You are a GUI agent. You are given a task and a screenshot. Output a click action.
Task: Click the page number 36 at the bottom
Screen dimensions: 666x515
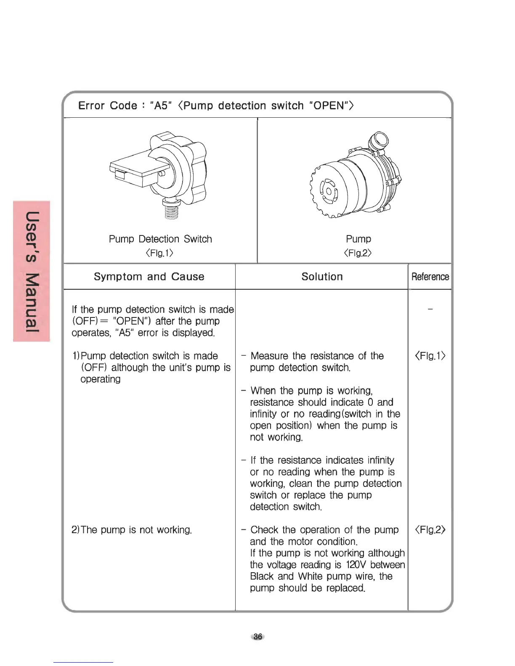tap(257, 637)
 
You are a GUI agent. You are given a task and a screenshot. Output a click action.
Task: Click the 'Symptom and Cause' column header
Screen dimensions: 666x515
tap(149, 277)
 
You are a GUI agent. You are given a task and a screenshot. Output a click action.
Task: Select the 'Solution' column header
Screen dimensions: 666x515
tap(322, 277)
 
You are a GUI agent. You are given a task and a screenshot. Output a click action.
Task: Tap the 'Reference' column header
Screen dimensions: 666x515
tap(430, 277)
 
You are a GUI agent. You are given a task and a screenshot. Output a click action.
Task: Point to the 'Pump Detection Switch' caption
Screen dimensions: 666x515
tap(160, 239)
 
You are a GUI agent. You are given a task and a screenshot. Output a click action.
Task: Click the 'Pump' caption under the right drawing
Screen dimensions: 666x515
tap(358, 239)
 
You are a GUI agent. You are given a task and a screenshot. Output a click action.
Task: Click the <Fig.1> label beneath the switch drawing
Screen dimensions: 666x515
tap(159, 253)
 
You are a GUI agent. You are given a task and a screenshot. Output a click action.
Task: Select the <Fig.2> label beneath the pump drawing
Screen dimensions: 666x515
tap(358, 253)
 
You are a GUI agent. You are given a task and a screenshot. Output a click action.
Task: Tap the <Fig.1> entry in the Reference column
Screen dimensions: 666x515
tap(430, 356)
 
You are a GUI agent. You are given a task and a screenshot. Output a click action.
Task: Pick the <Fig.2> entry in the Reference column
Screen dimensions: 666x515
tap(430, 530)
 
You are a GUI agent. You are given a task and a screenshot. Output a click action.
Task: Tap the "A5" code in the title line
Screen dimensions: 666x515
tap(161, 106)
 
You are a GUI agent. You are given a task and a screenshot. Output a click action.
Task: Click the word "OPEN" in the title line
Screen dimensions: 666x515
tap(329, 106)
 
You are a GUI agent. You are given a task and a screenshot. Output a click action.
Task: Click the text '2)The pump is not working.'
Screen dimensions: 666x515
tap(132, 530)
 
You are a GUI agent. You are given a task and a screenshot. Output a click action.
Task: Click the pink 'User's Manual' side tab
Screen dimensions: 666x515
tap(32, 271)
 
